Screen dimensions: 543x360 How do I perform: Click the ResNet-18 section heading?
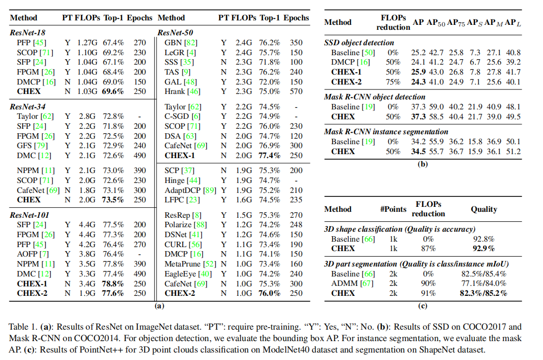(x=28, y=32)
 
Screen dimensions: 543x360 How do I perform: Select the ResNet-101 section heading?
(x=29, y=215)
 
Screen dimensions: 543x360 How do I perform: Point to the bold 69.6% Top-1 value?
(x=113, y=91)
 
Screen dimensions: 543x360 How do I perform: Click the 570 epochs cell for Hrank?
(x=296, y=91)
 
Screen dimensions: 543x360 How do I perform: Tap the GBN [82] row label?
(x=181, y=43)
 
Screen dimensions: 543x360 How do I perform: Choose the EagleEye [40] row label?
(x=188, y=274)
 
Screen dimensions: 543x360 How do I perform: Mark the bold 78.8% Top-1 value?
(x=113, y=283)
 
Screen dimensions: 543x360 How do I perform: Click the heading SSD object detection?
(x=359, y=43)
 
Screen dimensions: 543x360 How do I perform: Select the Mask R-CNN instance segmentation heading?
(x=386, y=132)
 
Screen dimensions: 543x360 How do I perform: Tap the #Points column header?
(x=393, y=209)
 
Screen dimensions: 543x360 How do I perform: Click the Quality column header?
(x=484, y=209)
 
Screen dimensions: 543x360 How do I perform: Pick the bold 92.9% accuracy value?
(x=484, y=249)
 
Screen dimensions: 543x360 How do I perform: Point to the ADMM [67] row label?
(x=352, y=283)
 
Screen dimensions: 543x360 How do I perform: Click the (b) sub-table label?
(x=423, y=164)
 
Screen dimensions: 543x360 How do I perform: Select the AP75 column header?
(x=456, y=22)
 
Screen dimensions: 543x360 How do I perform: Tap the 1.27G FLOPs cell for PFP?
(x=88, y=43)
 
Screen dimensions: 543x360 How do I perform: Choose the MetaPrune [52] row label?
(x=190, y=264)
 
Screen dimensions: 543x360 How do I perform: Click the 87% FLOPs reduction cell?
(x=428, y=249)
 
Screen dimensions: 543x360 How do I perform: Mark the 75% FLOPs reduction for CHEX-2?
(x=393, y=82)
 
